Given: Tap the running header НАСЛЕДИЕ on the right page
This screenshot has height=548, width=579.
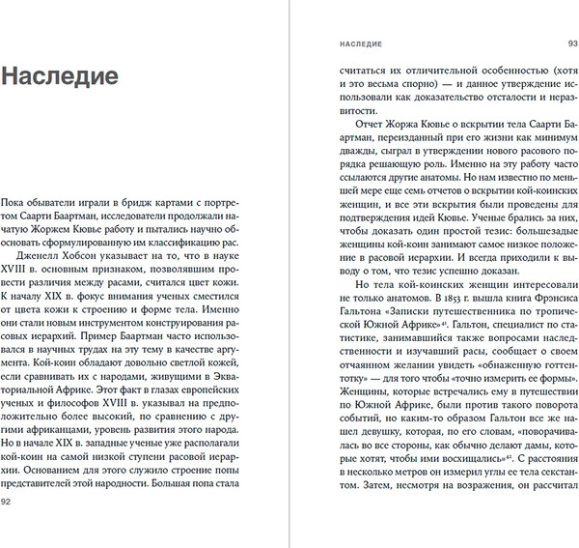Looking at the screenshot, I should click(x=355, y=43).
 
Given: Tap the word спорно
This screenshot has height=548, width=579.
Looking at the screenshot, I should click(x=400, y=85).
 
